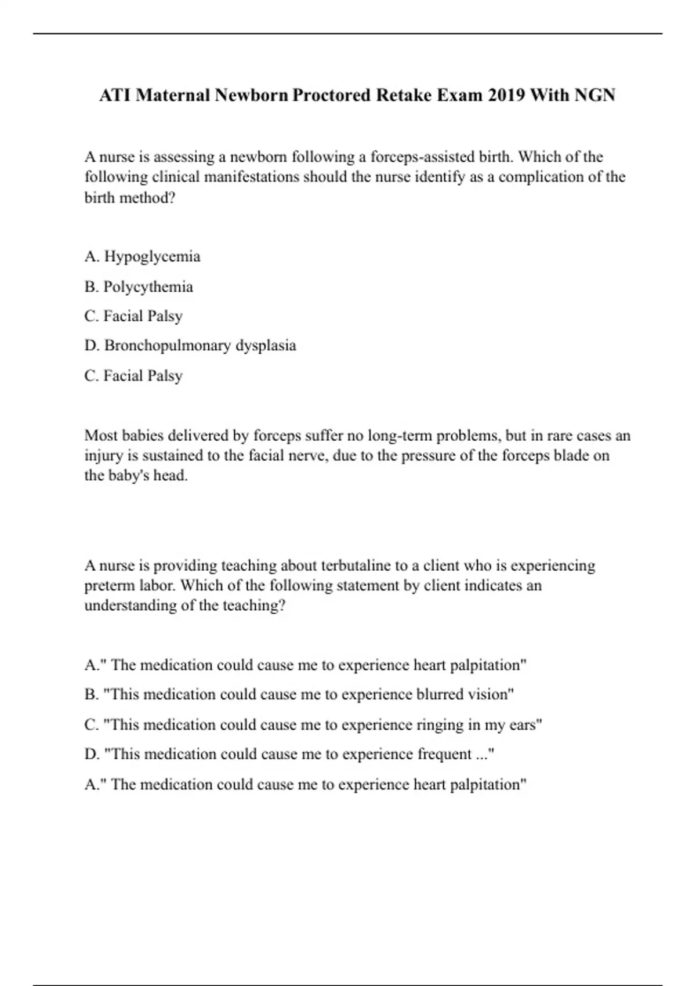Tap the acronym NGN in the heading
tap(594, 95)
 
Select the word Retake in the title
tap(408, 95)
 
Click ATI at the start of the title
tap(115, 95)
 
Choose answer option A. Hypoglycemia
tap(142, 256)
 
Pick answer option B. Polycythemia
tap(139, 287)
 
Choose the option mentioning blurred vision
tap(299, 695)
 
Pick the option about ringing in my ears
tap(313, 725)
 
